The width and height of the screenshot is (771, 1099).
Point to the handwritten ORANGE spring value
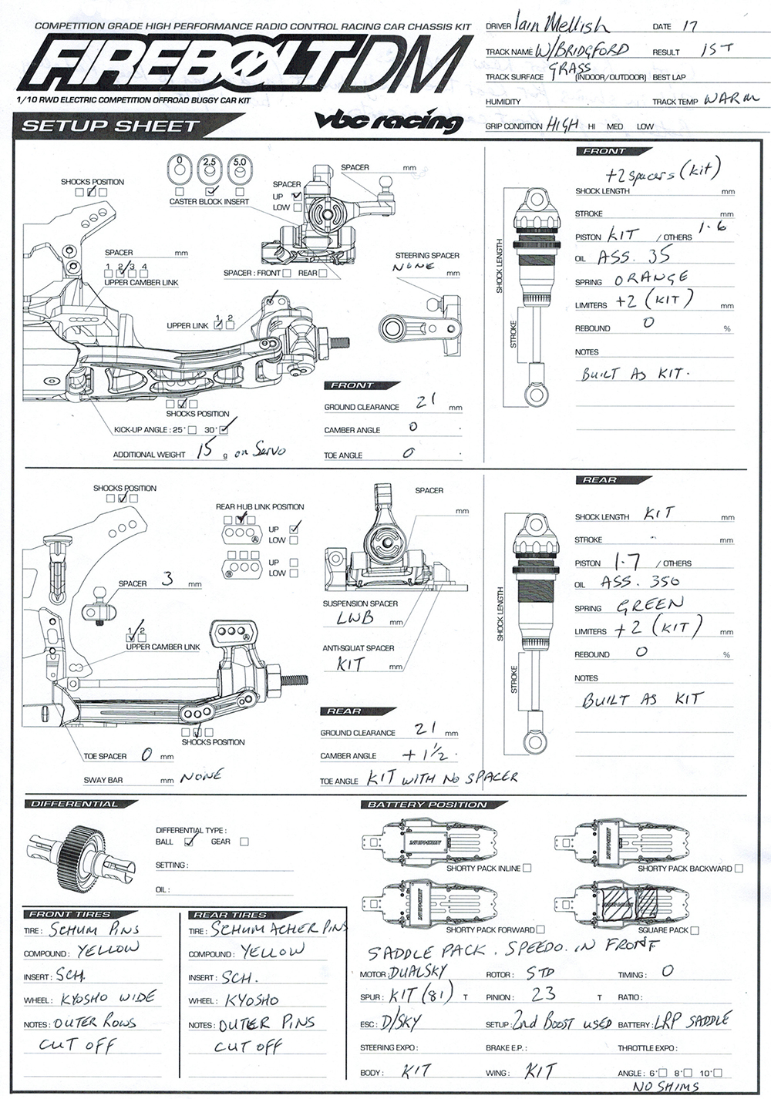pyautogui.click(x=651, y=277)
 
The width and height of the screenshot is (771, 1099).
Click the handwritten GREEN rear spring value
pyautogui.click(x=649, y=604)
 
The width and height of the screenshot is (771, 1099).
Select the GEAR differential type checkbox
pyautogui.click(x=244, y=842)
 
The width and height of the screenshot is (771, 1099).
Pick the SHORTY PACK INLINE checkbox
pyautogui.click(x=527, y=868)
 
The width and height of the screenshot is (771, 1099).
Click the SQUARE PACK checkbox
pyautogui.click(x=695, y=930)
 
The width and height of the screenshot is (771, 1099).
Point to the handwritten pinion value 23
pyautogui.click(x=543, y=994)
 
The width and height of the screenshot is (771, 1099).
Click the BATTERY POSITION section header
pyautogui.click(x=426, y=805)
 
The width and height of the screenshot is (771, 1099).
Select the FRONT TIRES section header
pyautogui.click(x=70, y=914)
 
